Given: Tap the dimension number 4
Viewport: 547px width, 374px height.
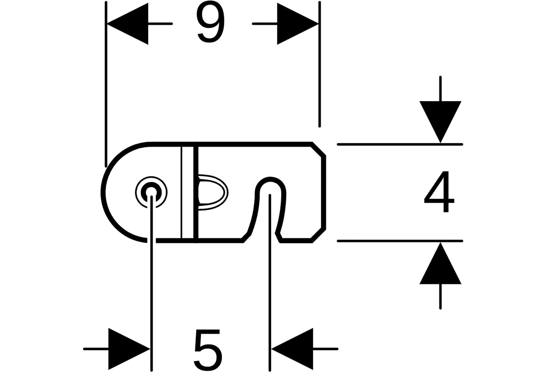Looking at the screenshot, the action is (x=439, y=191).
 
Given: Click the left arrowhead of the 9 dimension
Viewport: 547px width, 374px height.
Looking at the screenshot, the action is (x=128, y=24).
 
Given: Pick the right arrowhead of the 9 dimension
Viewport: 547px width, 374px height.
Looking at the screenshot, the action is (x=298, y=24).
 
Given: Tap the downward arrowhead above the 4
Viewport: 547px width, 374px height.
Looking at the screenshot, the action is (x=440, y=122).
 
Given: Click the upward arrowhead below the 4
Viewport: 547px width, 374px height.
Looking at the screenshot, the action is (x=440, y=263).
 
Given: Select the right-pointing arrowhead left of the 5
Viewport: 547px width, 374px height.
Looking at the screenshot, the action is (x=129, y=349).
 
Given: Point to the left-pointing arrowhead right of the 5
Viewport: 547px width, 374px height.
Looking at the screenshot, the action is (x=292, y=349).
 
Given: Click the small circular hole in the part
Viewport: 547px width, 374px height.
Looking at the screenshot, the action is (x=151, y=192).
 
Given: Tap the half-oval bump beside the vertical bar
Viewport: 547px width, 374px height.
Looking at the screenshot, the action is (x=212, y=192).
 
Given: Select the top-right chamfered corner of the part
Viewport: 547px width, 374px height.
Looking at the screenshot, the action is (x=319, y=149).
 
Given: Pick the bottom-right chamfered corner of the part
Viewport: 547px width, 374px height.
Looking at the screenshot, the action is (x=319, y=236).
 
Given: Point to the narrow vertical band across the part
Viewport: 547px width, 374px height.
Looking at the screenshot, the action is (x=189, y=192).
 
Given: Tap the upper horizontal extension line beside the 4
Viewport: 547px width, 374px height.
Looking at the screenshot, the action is (x=400, y=144).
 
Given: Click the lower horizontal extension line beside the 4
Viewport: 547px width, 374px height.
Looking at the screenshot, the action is (x=400, y=241).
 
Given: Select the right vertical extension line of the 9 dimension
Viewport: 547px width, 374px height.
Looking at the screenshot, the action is (x=320, y=64).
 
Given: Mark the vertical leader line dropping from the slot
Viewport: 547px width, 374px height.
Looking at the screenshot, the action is (x=270, y=282).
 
